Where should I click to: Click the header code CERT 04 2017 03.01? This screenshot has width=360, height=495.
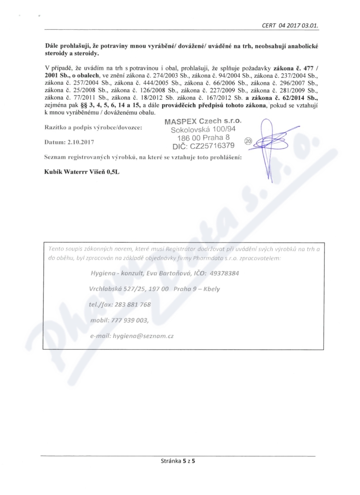click(290, 25)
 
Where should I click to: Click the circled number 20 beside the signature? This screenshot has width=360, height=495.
click(248, 140)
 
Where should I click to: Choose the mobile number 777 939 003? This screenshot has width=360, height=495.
click(129, 320)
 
